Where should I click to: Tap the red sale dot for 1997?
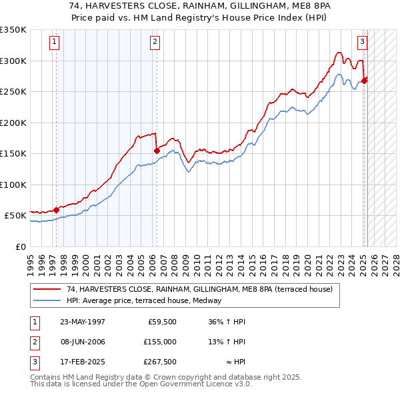[x=56, y=210]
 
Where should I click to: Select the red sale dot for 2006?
[x=157, y=151]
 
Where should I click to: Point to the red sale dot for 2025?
[x=365, y=81]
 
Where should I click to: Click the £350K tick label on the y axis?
[x=13, y=30]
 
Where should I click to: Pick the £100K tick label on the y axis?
[x=13, y=185]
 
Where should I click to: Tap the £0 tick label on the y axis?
[x=19, y=246]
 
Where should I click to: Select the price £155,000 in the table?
[x=160, y=342]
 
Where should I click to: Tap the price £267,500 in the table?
[x=160, y=362]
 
